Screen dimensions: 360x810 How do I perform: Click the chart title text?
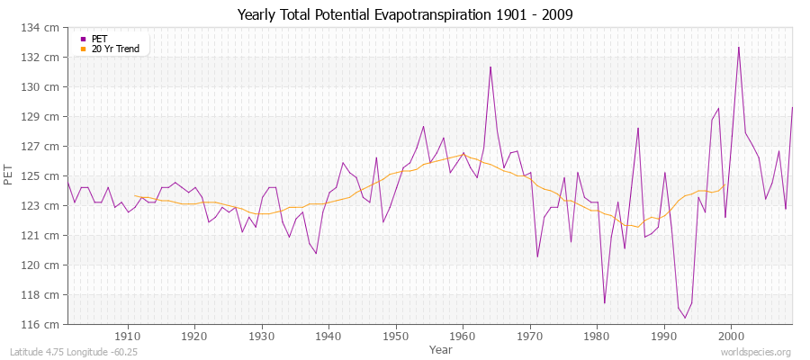[405, 14]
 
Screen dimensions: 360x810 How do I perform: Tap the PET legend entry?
[101, 39]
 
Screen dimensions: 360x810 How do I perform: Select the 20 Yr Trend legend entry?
[116, 49]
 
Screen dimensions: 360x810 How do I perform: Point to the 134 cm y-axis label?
[45, 28]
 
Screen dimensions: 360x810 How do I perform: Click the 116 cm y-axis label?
[45, 324]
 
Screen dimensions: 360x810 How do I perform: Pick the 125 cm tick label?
[45, 175]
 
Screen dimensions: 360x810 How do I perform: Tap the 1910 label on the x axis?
[128, 337]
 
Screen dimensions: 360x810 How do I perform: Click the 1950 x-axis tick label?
[395, 337]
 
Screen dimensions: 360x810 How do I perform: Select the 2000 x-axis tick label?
[731, 337]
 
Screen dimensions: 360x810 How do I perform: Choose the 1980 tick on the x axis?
[597, 337]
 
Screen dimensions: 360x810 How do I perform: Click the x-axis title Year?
[441, 349]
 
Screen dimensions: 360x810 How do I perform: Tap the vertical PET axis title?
[10, 175]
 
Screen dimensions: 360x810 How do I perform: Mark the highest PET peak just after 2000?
[739, 47]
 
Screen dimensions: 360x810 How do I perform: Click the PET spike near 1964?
[490, 67]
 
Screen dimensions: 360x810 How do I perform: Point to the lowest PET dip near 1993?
[685, 318]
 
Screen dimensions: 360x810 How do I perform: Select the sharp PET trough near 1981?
[605, 303]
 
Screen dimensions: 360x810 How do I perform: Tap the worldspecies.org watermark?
[757, 352]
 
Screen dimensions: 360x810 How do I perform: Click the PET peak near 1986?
[638, 128]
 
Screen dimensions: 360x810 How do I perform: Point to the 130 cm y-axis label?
[45, 87]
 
